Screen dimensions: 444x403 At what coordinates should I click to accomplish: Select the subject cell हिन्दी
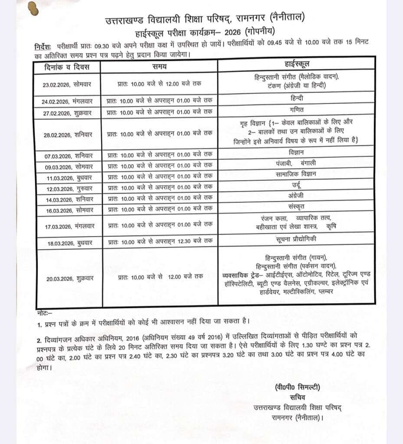(x=297, y=99)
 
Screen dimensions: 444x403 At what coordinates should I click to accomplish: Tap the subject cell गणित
(x=297, y=109)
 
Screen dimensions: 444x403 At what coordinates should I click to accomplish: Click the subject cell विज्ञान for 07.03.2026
(x=297, y=153)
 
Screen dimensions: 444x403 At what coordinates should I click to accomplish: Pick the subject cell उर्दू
(x=297, y=185)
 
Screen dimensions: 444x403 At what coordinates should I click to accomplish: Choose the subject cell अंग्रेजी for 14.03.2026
(x=297, y=196)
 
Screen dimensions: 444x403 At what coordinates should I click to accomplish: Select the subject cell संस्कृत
(x=297, y=206)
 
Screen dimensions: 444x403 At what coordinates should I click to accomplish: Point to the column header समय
(x=159, y=66)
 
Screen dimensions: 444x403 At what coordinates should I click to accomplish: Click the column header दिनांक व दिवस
(x=67, y=66)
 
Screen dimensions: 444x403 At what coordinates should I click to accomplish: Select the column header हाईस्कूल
(x=297, y=65)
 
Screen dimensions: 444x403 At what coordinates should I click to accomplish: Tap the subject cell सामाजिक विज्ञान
(x=297, y=174)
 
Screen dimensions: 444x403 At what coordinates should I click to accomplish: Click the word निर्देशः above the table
(x=43, y=46)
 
